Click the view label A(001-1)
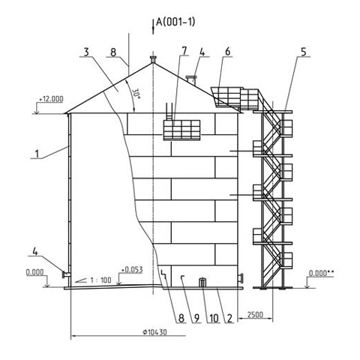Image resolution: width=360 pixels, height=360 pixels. click(x=175, y=22)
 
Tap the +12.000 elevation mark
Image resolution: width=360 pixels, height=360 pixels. click(x=51, y=99)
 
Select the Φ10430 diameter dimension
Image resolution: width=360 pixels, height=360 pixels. click(x=154, y=332)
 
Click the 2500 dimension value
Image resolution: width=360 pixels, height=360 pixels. click(x=255, y=314)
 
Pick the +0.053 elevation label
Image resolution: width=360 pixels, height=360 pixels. click(x=132, y=270)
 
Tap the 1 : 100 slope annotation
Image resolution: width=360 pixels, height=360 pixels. click(x=100, y=280)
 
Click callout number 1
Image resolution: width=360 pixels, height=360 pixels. click(x=37, y=154)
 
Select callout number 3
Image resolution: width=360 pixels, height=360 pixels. click(x=86, y=52)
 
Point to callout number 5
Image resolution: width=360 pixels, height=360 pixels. click(x=303, y=52)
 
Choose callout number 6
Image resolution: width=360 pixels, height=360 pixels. click(x=227, y=52)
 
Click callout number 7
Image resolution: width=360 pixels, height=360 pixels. click(x=184, y=51)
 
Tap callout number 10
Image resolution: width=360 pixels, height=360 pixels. click(x=214, y=318)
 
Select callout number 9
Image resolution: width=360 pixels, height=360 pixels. click(x=196, y=318)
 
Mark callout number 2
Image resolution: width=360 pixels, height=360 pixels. click(x=229, y=318)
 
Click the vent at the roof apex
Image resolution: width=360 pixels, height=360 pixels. click(x=153, y=59)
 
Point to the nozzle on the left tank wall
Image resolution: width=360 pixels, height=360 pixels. click(x=66, y=274)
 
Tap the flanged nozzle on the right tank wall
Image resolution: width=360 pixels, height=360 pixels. click(x=241, y=278)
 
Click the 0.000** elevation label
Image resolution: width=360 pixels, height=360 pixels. click(x=321, y=273)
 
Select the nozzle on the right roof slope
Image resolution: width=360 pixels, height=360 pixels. click(x=191, y=79)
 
